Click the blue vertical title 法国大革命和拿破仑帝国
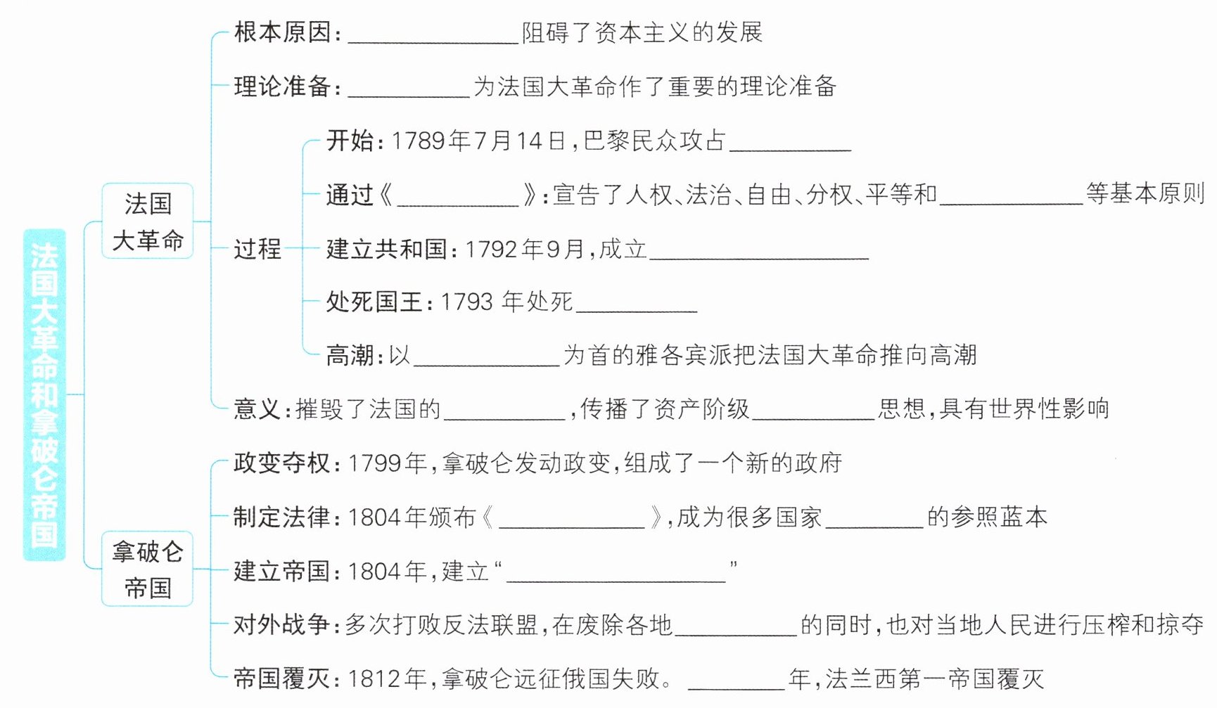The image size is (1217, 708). click(44, 395)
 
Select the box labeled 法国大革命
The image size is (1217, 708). click(148, 221)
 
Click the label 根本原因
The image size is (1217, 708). click(283, 32)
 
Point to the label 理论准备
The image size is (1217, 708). click(283, 86)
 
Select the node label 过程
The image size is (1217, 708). click(257, 249)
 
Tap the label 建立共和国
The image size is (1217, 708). click(386, 249)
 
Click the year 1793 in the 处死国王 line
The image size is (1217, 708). click(466, 302)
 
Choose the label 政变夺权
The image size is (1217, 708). click(283, 463)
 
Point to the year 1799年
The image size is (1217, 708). click(388, 463)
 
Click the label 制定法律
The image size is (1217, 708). click(283, 517)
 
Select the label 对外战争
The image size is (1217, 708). click(283, 625)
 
